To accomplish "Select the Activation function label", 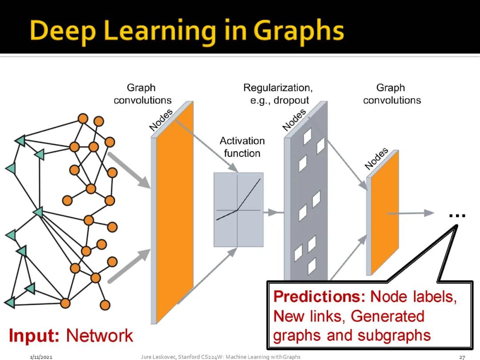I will click(x=242, y=147).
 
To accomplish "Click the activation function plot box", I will click(x=238, y=209).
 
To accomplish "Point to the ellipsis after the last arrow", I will click(x=457, y=216).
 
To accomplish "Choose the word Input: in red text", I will click(x=34, y=336).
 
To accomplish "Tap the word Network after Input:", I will click(x=99, y=336).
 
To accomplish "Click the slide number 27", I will click(x=462, y=357).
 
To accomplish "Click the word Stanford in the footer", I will click(x=190, y=357).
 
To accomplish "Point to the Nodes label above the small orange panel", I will click(x=376, y=158).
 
